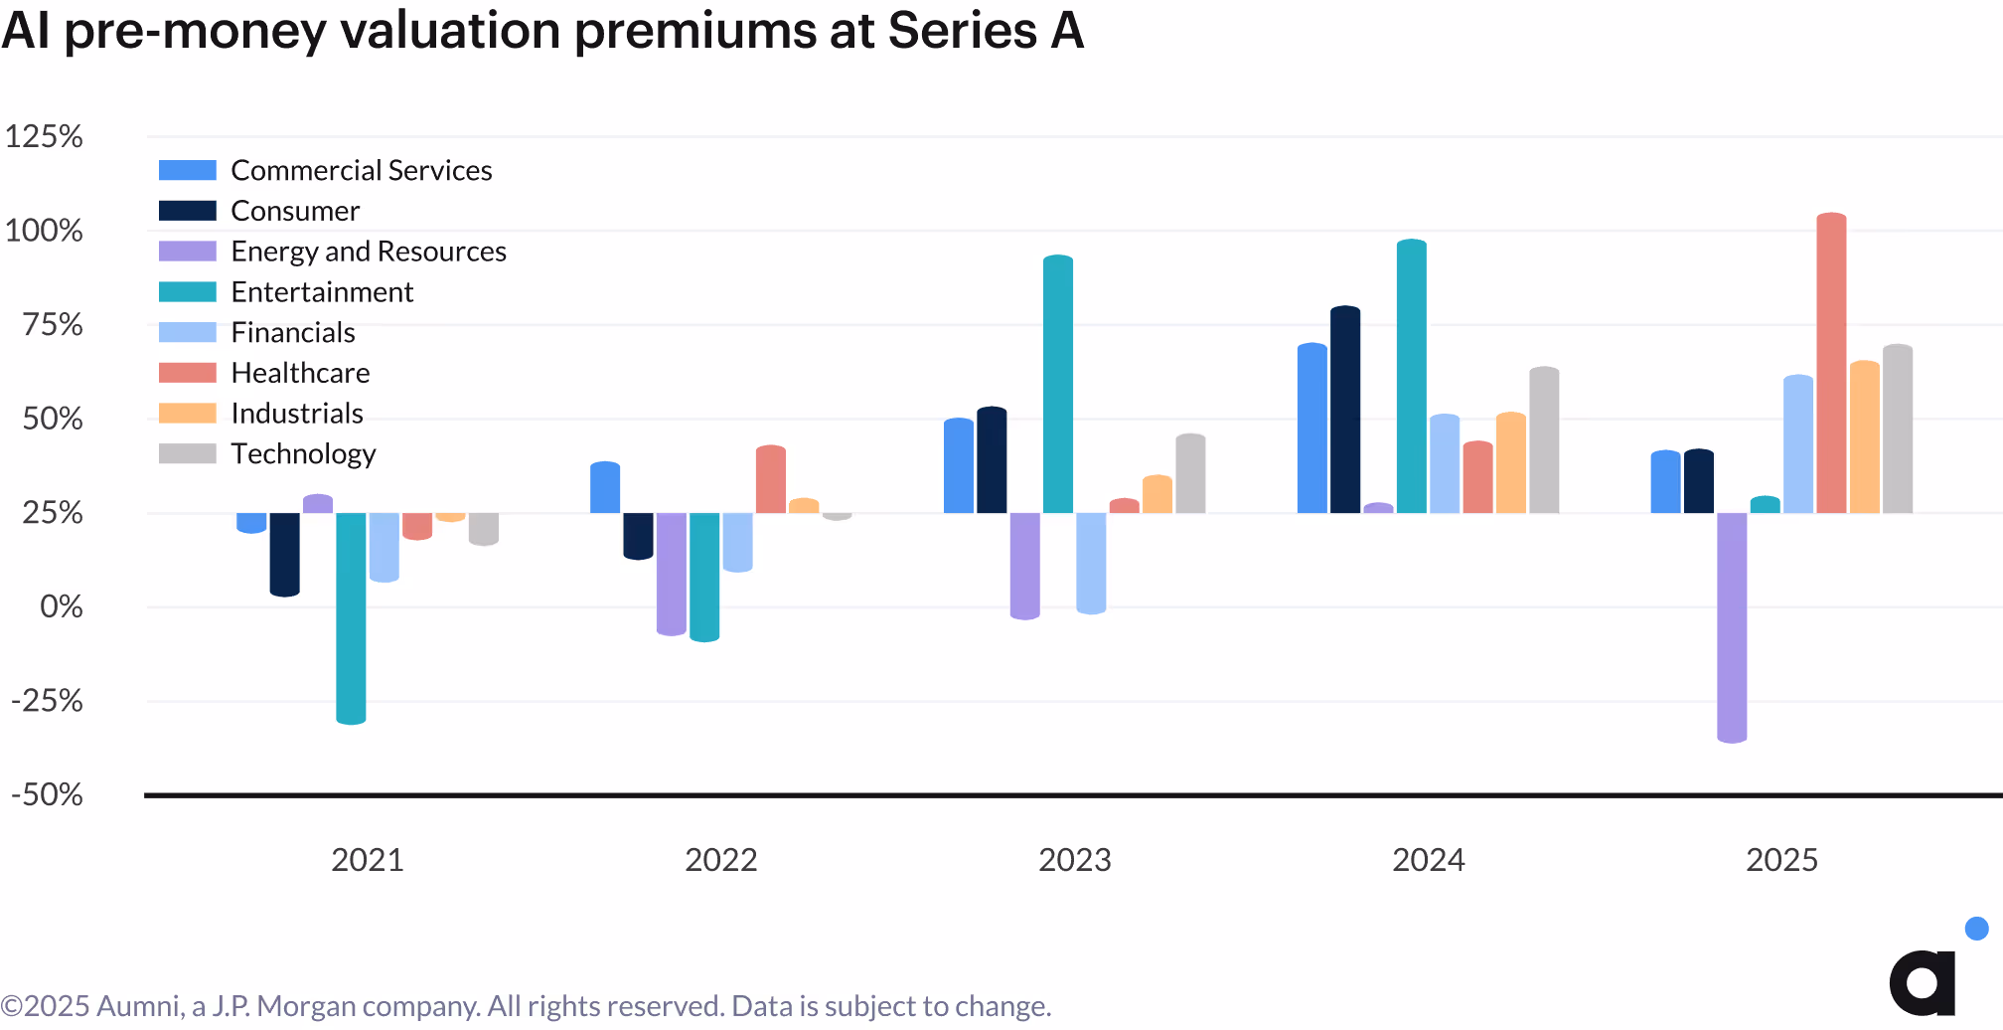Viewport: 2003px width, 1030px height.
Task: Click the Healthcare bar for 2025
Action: [x=1831, y=363]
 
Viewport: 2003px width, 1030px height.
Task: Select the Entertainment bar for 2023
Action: [x=1058, y=385]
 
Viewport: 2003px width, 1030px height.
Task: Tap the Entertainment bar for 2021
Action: [x=351, y=617]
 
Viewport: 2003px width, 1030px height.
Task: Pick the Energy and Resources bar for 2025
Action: [x=1732, y=627]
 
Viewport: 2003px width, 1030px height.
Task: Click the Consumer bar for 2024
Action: [x=1345, y=410]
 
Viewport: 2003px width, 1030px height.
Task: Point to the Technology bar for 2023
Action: [x=1190, y=473]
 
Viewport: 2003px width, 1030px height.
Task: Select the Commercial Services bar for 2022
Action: [x=605, y=487]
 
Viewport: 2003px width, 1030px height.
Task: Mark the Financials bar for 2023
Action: [x=1091, y=563]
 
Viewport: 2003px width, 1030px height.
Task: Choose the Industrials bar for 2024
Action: [x=1511, y=462]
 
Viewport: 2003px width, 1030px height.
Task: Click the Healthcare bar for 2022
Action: [x=771, y=479]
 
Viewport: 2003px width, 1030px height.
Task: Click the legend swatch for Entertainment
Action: [x=187, y=292]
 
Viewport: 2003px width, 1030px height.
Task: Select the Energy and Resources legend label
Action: [x=369, y=252]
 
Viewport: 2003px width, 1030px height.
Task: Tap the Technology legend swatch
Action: [x=187, y=453]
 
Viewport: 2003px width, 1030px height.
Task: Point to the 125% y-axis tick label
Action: [x=44, y=136]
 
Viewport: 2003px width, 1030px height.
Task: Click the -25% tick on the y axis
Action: [x=47, y=701]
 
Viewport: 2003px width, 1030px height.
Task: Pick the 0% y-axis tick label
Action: [x=61, y=606]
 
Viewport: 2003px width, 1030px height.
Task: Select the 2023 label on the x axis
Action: [x=1074, y=860]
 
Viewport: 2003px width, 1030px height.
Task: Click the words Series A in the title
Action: [x=985, y=30]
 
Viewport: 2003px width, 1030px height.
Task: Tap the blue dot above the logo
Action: [x=1976, y=929]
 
